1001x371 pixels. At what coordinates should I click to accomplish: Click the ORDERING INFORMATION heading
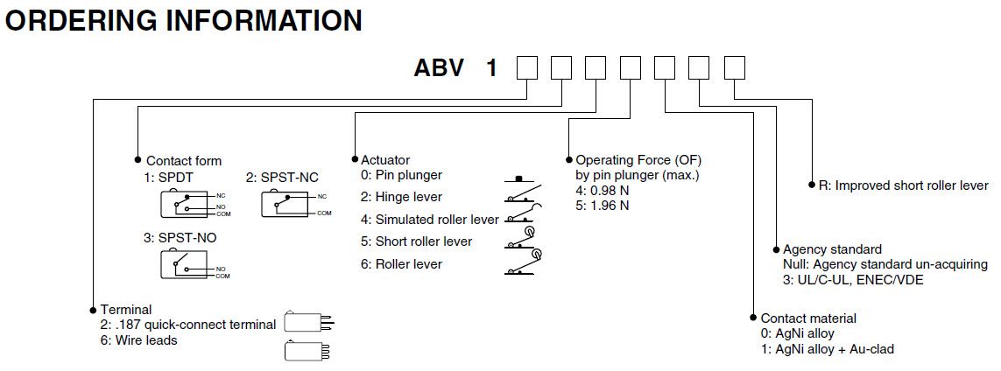click(x=183, y=20)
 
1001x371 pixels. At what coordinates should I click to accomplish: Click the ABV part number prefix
click(x=439, y=68)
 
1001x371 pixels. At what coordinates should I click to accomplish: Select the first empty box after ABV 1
click(x=526, y=67)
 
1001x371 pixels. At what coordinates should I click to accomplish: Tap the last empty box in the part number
click(x=735, y=67)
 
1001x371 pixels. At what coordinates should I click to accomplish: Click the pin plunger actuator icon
click(x=520, y=179)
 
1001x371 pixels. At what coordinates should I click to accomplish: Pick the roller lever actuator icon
click(x=525, y=263)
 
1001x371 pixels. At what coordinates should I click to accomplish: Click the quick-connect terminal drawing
click(x=309, y=322)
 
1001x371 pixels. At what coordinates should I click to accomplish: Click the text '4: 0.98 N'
click(x=602, y=191)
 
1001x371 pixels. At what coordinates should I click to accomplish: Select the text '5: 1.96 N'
click(x=602, y=206)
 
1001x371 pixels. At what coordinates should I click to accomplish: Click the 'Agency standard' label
click(x=832, y=249)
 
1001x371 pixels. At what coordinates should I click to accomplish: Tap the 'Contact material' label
click(x=808, y=318)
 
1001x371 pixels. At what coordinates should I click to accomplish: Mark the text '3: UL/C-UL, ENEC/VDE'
click(x=853, y=280)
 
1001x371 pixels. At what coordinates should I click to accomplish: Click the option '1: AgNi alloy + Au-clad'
click(x=828, y=349)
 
